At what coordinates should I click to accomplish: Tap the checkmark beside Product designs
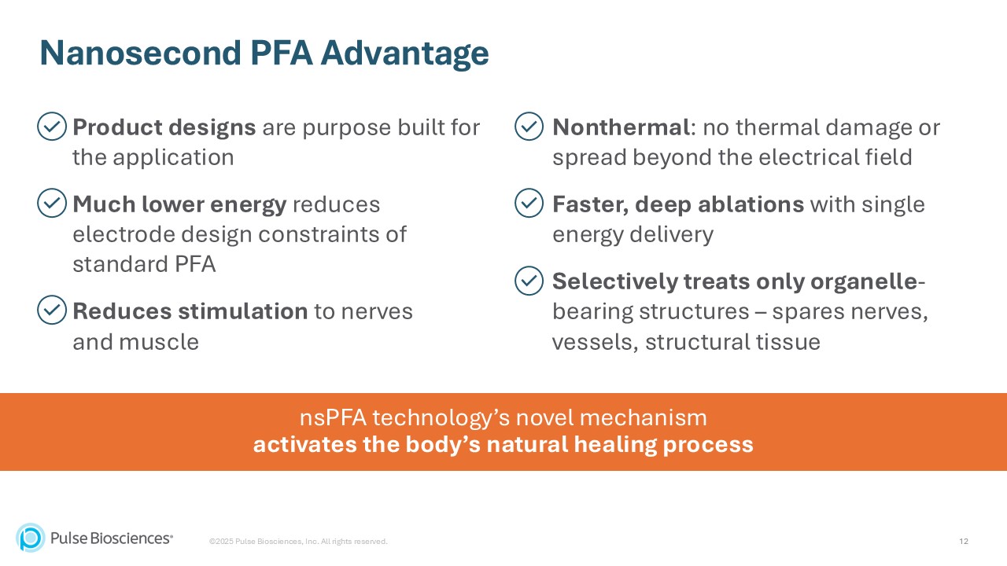[52, 127]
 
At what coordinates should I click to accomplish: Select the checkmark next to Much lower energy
[52, 204]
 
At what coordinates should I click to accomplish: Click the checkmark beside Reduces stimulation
[52, 311]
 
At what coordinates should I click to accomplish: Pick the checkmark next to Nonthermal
[529, 127]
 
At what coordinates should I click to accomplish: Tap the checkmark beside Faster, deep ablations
[529, 204]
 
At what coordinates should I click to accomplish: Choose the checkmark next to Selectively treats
[529, 281]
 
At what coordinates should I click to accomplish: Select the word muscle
[162, 342]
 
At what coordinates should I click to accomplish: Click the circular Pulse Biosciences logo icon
[31, 538]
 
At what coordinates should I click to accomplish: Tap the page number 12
[964, 542]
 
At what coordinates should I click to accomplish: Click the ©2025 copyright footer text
[298, 542]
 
